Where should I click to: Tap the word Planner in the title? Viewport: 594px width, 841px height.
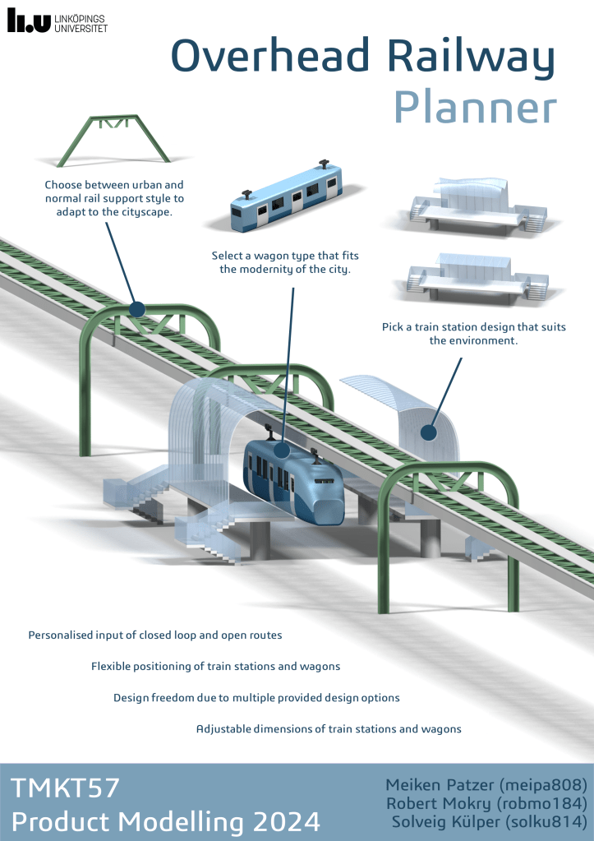click(x=474, y=108)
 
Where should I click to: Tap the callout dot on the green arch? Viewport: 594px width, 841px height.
click(x=137, y=309)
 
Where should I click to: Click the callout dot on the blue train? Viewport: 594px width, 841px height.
click(x=281, y=450)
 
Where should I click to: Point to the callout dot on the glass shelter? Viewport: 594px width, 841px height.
click(x=427, y=432)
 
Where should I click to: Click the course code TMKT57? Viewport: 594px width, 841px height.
click(x=66, y=788)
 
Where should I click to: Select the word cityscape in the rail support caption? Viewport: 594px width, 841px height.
click(x=152, y=212)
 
